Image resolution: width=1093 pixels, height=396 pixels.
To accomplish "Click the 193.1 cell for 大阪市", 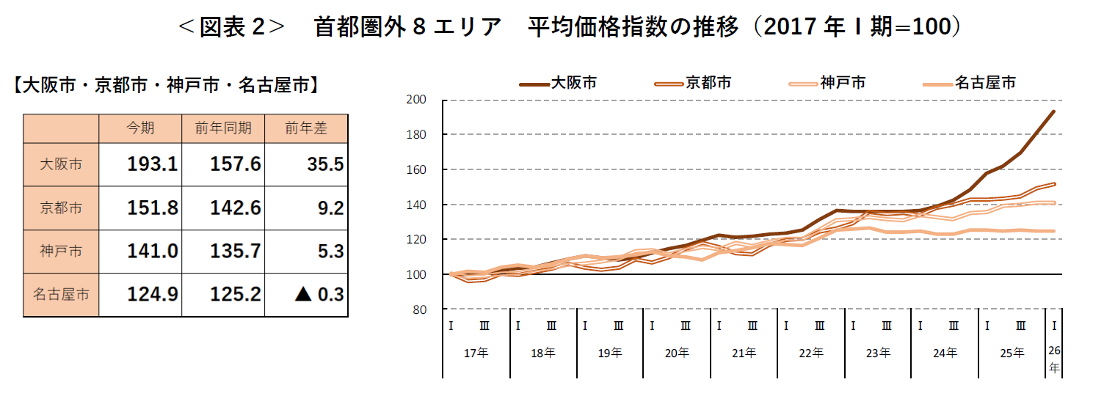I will (x=152, y=164).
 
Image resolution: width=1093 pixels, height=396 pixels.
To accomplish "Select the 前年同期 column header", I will (x=223, y=128).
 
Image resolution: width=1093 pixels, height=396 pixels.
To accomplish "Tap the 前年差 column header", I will (x=306, y=128).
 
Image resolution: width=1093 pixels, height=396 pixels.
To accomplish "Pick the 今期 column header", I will (x=140, y=128).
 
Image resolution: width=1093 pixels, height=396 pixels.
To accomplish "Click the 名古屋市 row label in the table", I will (x=61, y=295).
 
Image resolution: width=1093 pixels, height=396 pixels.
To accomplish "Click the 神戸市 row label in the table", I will (x=61, y=252).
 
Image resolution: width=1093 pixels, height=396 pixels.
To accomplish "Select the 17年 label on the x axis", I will (x=476, y=353).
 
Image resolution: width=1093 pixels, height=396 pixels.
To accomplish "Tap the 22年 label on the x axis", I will (x=810, y=353).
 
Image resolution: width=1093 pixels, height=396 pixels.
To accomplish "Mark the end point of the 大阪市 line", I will (x=1054, y=111).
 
